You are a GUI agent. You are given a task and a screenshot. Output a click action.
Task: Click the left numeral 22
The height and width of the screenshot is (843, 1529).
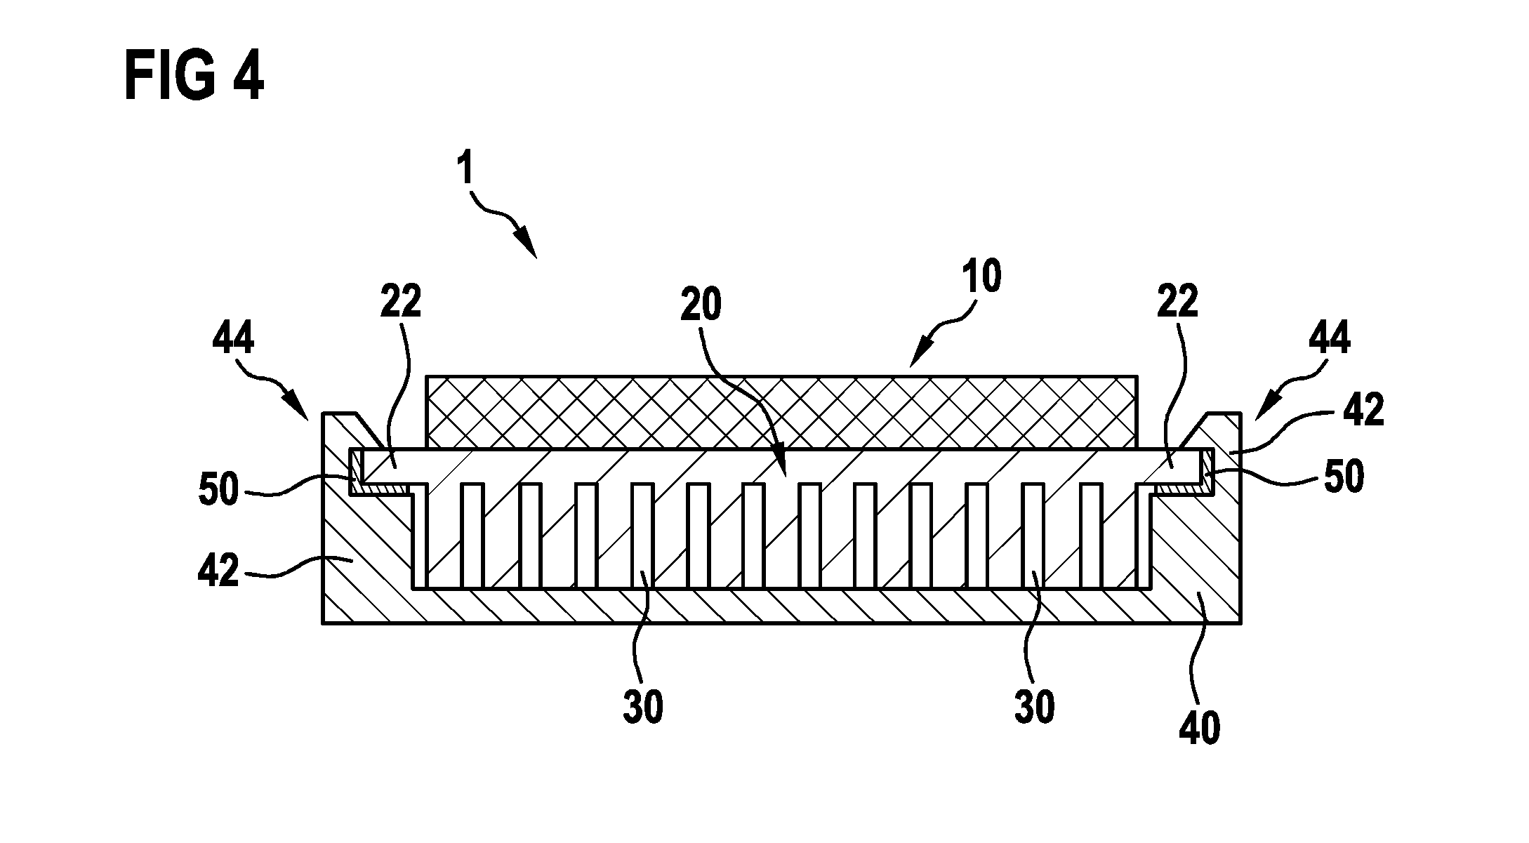[x=401, y=302]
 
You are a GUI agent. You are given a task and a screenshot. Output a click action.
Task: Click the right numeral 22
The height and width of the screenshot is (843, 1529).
[x=1177, y=302]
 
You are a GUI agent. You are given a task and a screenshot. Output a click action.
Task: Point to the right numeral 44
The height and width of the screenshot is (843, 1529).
[x=1330, y=339]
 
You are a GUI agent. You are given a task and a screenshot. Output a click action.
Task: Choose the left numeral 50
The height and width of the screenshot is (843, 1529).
[x=219, y=489]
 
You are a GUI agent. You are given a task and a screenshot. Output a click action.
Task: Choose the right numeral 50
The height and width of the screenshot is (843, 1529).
[x=1344, y=477]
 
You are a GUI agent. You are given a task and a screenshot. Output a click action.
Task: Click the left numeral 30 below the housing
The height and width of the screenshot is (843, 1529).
[x=643, y=707]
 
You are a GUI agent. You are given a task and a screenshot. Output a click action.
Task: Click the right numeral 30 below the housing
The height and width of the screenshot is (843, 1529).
[x=1034, y=707]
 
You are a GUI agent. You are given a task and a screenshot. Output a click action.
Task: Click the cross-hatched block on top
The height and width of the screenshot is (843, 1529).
[x=887, y=413]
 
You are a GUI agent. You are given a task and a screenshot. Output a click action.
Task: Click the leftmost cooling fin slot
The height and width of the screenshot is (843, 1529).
[x=472, y=535]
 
